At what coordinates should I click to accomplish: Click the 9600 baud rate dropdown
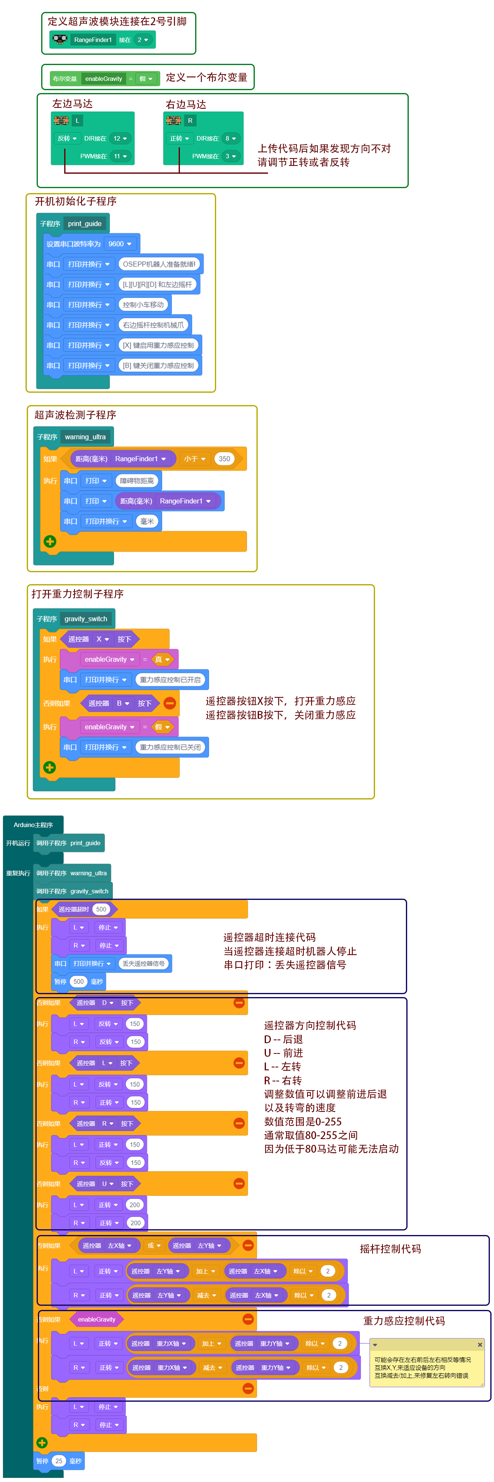pos(120,244)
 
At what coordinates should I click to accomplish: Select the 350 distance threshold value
pos(224,459)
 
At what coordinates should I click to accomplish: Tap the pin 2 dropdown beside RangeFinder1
pos(142,40)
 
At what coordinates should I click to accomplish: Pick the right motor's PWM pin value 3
pos(230,156)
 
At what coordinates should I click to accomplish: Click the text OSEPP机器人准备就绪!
pos(159,264)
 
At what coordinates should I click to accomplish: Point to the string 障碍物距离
pos(137,480)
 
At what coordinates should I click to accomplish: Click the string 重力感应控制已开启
pos(170,679)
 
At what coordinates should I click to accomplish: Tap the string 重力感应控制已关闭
pos(170,747)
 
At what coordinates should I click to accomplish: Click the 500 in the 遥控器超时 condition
pos(101,909)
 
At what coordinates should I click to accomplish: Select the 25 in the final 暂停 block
pos(58,1460)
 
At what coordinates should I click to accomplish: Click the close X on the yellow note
pos(480,1345)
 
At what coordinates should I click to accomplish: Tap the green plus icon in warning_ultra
pos(50,541)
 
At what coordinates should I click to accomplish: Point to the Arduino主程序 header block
pos(33,825)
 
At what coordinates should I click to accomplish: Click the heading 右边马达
pos(186,104)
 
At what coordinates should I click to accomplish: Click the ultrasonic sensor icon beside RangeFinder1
pos(60,39)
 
